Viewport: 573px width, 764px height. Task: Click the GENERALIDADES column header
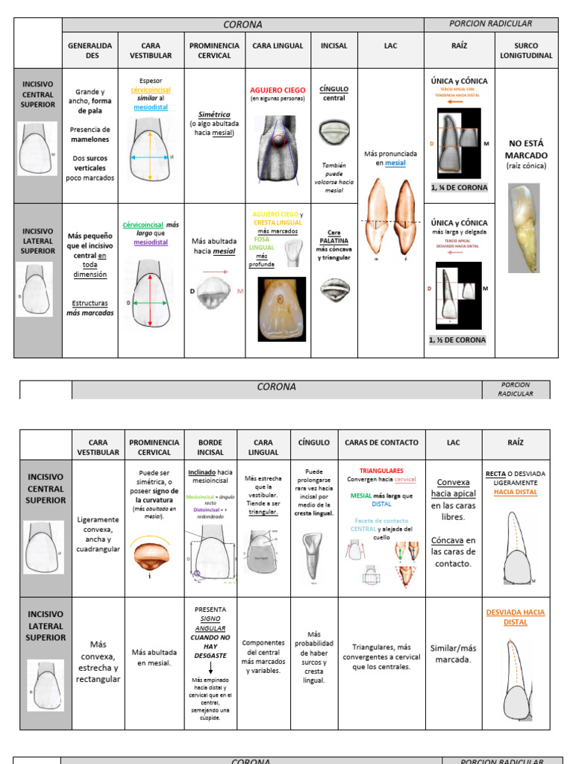90,50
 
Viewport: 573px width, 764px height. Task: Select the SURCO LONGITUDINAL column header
526,50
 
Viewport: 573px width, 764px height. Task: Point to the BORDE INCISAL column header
210,447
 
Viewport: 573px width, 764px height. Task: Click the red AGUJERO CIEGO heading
278,90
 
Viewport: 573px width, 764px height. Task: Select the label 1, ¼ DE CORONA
459,187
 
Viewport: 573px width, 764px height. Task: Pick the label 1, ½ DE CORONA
457,339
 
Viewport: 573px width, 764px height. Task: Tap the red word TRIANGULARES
381,471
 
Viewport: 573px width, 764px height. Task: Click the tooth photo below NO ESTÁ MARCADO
523,228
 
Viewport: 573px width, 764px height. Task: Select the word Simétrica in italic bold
211,115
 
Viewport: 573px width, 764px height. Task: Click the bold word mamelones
90,139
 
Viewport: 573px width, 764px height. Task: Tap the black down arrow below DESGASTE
210,668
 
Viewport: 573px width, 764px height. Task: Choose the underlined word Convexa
454,482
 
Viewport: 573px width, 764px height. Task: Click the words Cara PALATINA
334,237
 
